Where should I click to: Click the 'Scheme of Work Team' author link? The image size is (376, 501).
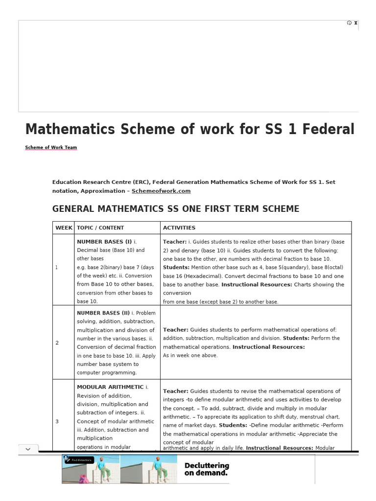pos(51,147)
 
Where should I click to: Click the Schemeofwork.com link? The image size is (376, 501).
pos(161,191)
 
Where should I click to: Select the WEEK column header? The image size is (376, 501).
pos(64,228)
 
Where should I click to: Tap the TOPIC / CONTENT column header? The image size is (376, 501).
pos(100,228)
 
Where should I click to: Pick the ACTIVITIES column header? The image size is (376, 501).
pos(179,228)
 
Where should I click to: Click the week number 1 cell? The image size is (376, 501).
pos(57,268)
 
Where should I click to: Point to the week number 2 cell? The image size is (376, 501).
pos(57,343)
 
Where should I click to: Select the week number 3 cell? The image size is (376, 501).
pos(57,421)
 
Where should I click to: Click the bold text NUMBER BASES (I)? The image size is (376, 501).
pos(104,242)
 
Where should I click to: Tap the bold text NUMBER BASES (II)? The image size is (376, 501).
pos(103,313)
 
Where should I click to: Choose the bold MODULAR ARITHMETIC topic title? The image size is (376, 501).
pos(110,387)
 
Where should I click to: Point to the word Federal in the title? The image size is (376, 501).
pos(329,129)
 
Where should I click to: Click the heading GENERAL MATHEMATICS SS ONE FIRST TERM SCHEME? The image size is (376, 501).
pos(176,209)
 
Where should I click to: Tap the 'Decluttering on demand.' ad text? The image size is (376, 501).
pos(207,469)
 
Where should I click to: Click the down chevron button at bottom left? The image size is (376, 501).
pos(27,449)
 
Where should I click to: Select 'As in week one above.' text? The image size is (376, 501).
pos(190,355)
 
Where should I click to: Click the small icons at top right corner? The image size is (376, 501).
pos(352,23)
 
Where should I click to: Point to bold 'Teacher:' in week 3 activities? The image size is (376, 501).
pos(175,391)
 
